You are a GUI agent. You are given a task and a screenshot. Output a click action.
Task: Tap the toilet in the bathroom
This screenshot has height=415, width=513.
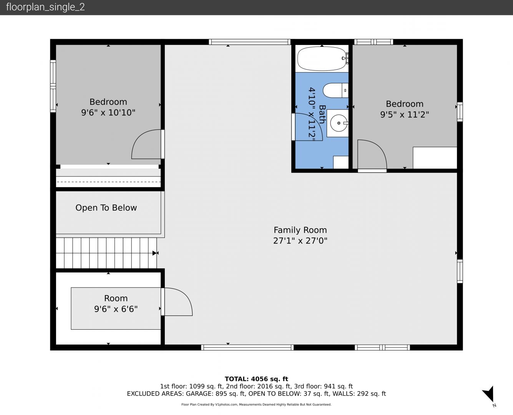pos(335,90)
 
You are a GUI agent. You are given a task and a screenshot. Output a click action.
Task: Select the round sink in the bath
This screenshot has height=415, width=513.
pos(339,123)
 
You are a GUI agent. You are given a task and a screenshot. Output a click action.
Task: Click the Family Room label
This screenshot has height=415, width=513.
pos(300,230)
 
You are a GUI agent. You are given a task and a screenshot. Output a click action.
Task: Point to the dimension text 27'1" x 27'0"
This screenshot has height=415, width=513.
pos(300,241)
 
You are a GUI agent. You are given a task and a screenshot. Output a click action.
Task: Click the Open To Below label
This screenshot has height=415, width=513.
pos(106,207)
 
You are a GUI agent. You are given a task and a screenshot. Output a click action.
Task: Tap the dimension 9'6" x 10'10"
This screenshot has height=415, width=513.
pos(108,113)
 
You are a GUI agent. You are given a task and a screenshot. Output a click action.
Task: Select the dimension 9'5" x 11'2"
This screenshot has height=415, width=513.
pos(405,115)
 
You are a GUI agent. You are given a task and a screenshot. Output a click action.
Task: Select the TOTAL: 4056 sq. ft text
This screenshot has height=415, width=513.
pos(256,379)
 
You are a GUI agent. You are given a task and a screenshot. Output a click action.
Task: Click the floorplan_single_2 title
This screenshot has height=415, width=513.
pos(45,7)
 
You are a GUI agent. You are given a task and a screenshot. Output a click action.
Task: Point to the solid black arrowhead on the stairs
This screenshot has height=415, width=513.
pos(154,253)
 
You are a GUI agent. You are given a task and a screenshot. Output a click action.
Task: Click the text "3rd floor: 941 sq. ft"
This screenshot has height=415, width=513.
pos(323,387)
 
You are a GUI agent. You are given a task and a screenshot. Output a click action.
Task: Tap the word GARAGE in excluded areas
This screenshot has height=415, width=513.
pos(199,394)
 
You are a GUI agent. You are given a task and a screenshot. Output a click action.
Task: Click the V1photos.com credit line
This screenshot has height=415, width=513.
pos(256,405)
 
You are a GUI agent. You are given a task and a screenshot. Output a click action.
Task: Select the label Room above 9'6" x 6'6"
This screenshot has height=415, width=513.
pos(116,298)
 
